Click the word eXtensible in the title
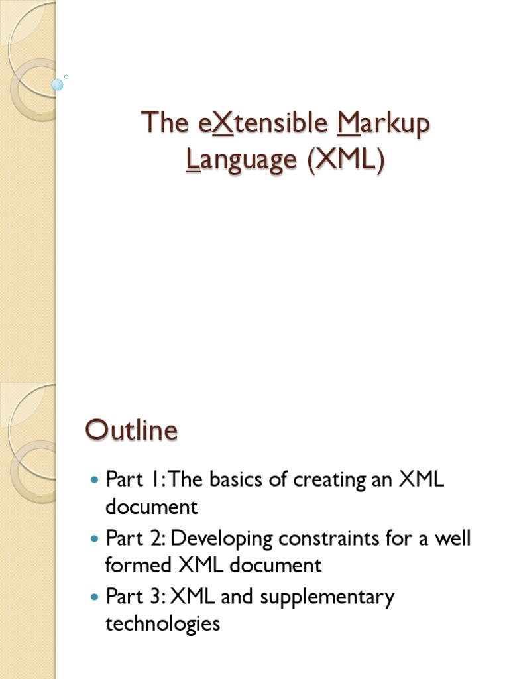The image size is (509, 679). tap(263, 123)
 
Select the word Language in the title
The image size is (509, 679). tap(241, 160)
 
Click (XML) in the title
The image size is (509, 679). tap(346, 160)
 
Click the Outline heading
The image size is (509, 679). tap(132, 430)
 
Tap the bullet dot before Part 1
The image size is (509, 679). tap(94, 480)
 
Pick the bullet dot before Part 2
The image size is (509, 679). tap(94, 538)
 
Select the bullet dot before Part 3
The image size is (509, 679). tap(94, 597)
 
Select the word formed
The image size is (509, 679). tap(138, 565)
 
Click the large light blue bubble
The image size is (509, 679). tap(57, 85)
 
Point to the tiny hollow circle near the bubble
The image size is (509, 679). tap(66, 77)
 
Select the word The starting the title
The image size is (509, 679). tap(165, 122)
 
